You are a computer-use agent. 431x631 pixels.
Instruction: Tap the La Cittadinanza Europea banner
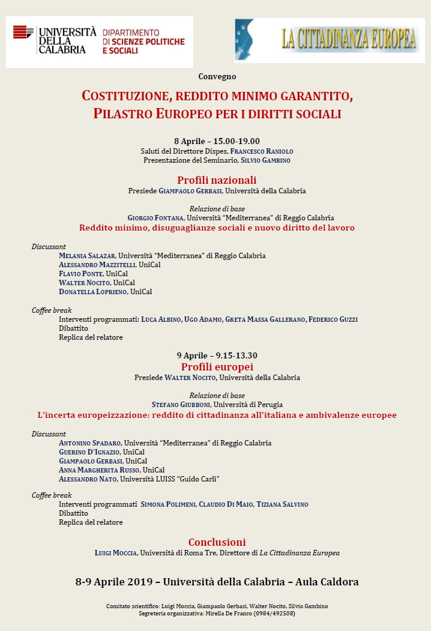tap(330, 40)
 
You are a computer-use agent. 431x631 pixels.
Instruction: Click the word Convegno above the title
tap(217, 77)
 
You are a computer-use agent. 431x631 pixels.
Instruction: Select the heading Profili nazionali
tap(217, 180)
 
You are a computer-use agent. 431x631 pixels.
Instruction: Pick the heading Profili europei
tap(217, 367)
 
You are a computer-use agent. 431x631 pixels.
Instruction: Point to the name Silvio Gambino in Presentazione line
tap(266, 160)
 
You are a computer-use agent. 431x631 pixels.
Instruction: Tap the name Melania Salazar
tap(87, 256)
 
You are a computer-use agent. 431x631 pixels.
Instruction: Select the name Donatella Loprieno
tap(92, 292)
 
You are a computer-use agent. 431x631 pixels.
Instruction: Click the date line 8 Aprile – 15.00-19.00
tap(217, 141)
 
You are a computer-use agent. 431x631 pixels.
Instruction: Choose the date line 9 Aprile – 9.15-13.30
tap(217, 356)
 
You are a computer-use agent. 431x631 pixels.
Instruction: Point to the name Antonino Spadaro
tap(90, 443)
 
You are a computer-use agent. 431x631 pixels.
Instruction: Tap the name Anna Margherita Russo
tap(99, 470)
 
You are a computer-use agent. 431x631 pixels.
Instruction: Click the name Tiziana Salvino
tap(282, 504)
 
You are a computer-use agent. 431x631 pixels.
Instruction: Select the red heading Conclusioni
tap(217, 542)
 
